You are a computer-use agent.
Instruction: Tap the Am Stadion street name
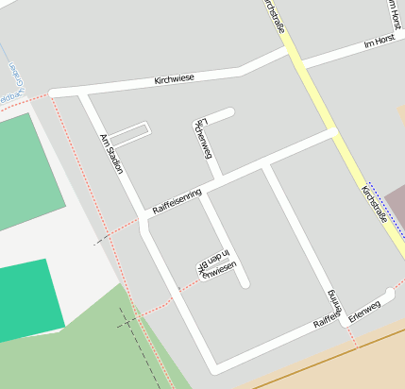[111, 153]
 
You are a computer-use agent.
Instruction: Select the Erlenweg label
[363, 310]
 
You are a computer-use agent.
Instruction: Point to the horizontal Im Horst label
[382, 43]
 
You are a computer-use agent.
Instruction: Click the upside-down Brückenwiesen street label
[216, 265]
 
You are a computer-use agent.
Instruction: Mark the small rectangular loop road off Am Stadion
[131, 134]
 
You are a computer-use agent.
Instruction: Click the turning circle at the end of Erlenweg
[389, 293]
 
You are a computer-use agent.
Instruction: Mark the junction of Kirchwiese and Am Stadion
[83, 93]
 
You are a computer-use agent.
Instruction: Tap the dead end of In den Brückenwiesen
[244, 282]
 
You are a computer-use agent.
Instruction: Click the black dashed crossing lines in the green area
[126, 321]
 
